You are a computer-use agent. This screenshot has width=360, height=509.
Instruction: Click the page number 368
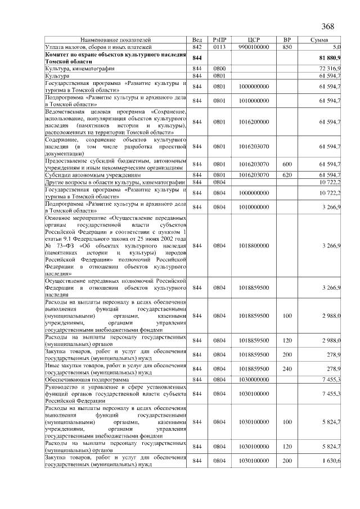(328, 27)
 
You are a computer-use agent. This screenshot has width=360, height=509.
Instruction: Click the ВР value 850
(287, 47)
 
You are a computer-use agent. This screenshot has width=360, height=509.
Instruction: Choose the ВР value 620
(287, 174)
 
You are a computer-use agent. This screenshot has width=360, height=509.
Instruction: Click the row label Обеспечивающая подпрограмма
(82, 380)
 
